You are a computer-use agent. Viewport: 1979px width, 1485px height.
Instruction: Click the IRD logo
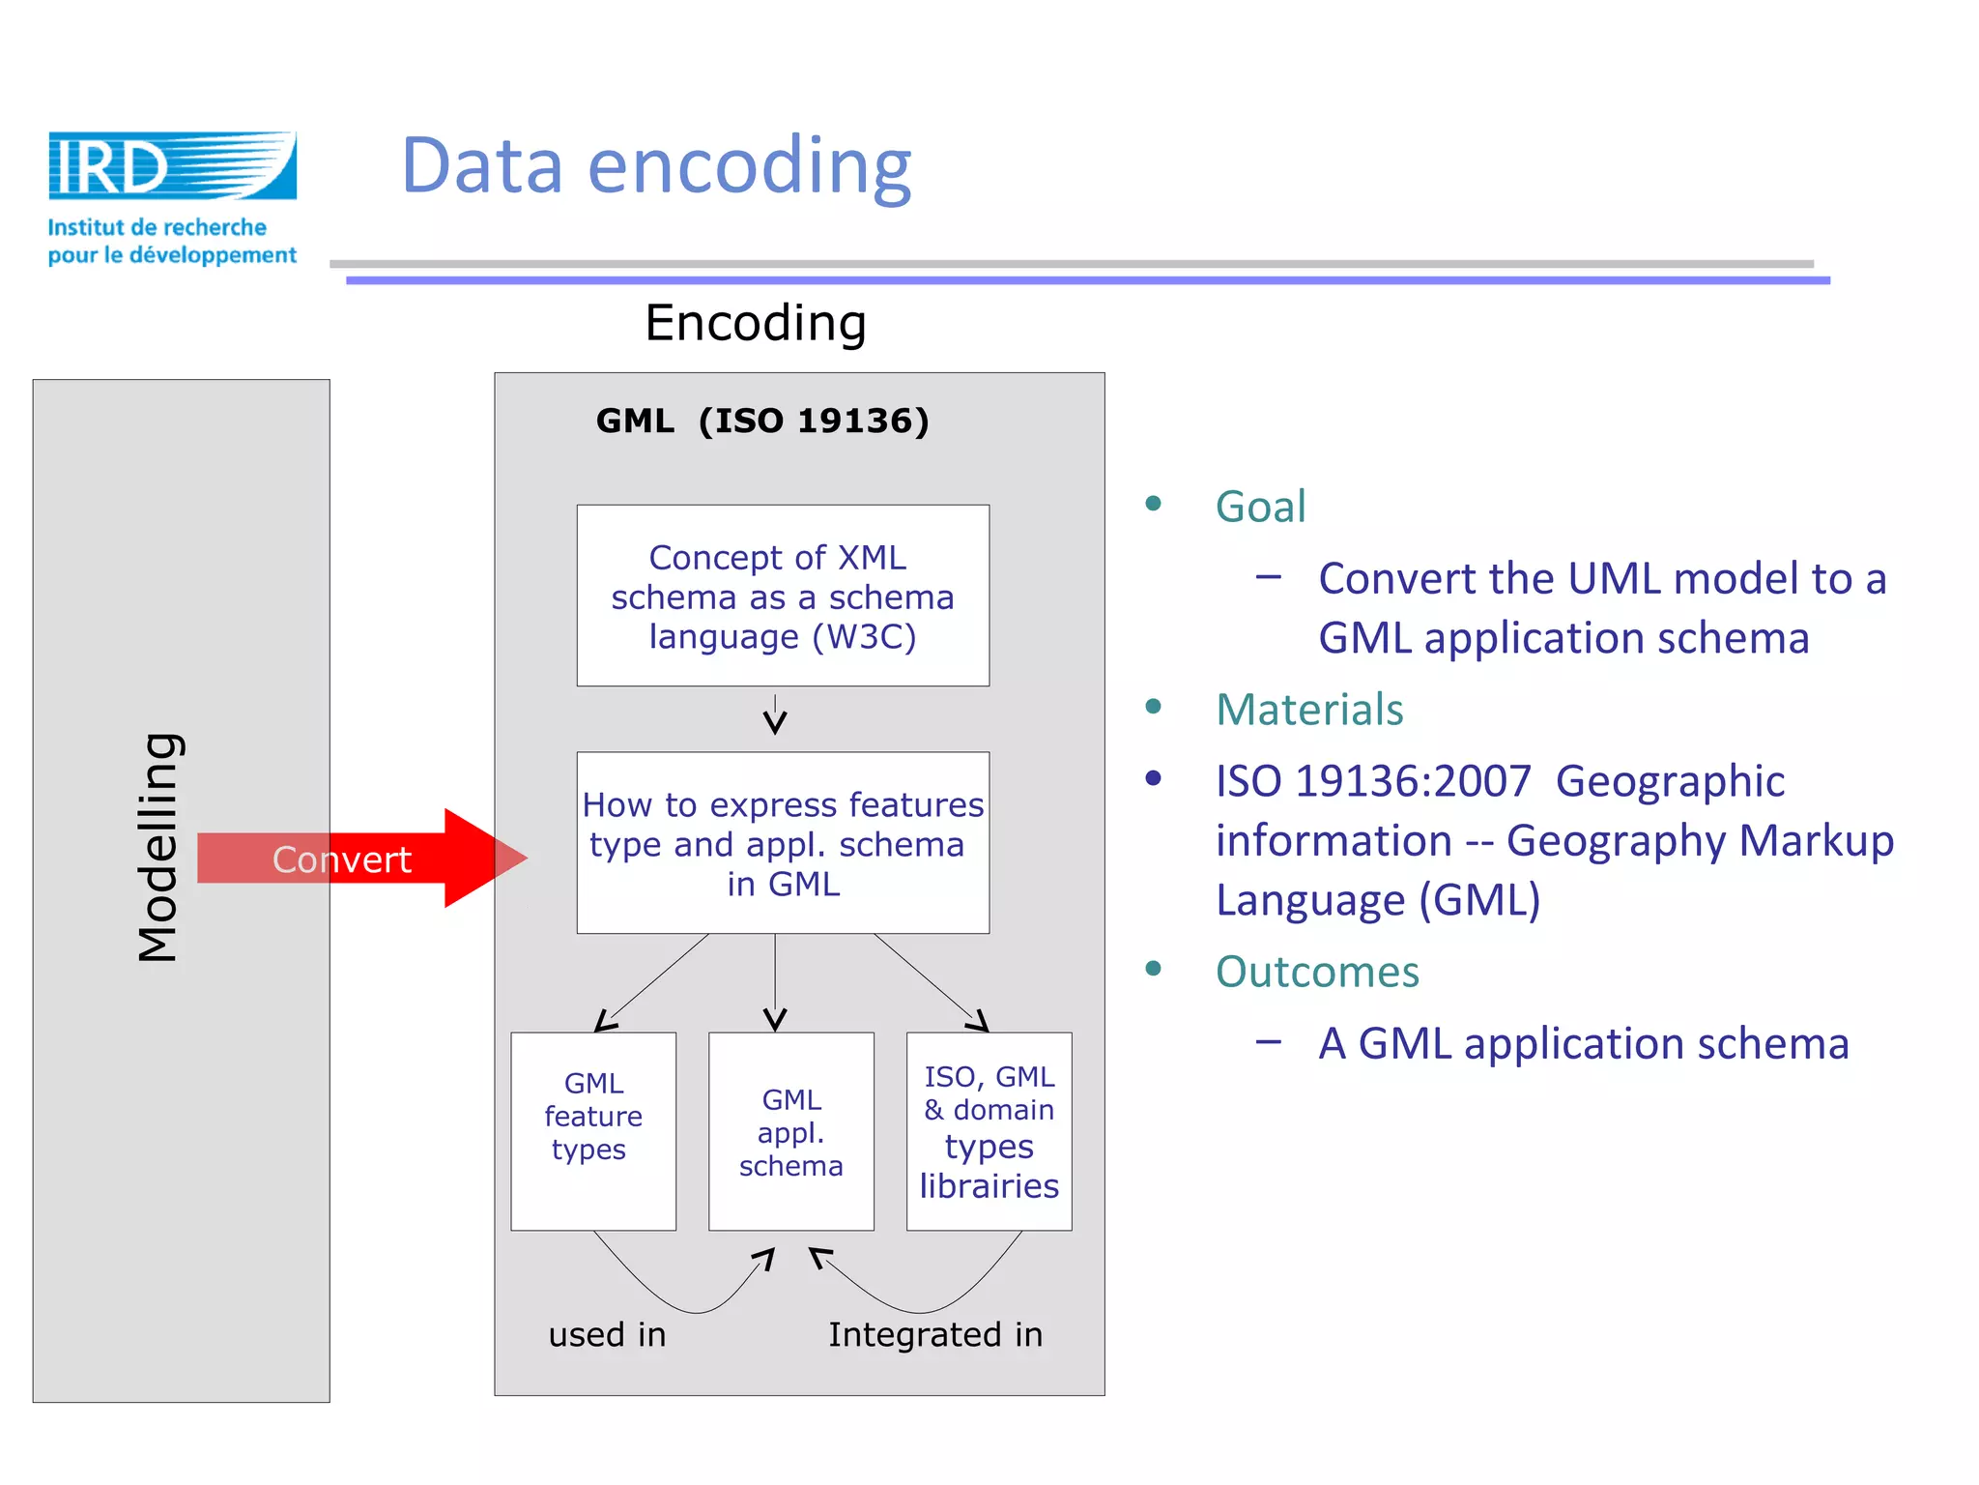(172, 166)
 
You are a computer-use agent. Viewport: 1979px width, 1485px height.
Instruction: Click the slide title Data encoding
(656, 166)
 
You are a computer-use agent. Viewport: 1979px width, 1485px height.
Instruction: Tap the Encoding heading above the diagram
(755, 323)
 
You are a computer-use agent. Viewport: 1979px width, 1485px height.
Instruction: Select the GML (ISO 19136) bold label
(761, 422)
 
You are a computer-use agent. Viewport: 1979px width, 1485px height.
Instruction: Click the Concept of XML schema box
(783, 596)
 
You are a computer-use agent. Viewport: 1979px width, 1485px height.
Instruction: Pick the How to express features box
(783, 843)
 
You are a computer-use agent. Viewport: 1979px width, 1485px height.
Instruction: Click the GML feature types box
(592, 1130)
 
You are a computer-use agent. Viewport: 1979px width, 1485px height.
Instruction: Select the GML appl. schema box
(790, 1131)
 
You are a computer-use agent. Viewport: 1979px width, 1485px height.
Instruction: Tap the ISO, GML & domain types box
(989, 1131)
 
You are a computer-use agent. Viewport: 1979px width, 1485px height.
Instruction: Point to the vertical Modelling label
(158, 847)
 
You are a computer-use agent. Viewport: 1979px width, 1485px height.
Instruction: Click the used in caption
(607, 1335)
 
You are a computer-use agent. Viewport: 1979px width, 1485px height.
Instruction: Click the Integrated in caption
(934, 1335)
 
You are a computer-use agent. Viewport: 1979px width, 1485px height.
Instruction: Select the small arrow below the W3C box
(775, 716)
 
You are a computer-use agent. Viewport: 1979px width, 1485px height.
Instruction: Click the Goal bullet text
(1260, 507)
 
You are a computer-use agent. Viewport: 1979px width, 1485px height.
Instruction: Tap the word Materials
(1308, 710)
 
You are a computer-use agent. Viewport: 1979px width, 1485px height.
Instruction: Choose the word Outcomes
(1316, 972)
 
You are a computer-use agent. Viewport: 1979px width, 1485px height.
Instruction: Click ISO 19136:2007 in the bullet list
(1373, 781)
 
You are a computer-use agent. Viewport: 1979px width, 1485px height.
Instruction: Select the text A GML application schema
(1583, 1044)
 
